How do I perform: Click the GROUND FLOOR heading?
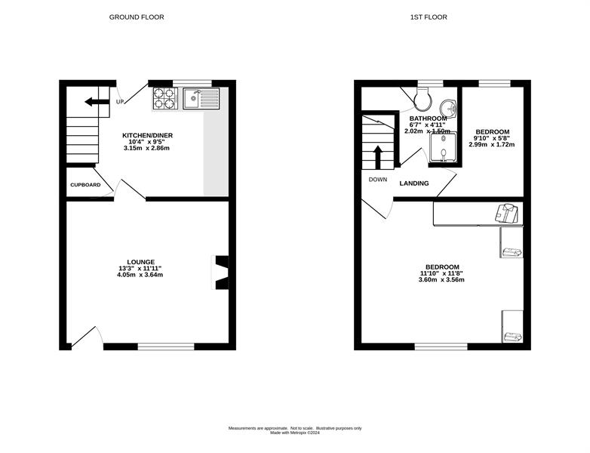(x=137, y=17)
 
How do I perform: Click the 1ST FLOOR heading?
(x=429, y=17)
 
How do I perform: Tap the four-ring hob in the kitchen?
(x=165, y=98)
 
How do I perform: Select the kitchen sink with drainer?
(x=201, y=98)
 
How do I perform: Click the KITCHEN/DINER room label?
(x=147, y=135)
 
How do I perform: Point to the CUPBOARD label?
(x=85, y=185)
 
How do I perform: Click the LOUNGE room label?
(x=141, y=262)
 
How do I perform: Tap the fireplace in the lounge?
(x=220, y=273)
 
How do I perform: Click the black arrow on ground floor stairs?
(x=97, y=102)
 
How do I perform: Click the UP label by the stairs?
(x=120, y=102)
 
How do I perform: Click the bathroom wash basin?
(x=448, y=109)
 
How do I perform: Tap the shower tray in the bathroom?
(x=444, y=147)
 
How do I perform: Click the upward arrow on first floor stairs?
(x=378, y=157)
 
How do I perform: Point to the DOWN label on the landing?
(x=378, y=180)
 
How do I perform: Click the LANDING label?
(x=414, y=183)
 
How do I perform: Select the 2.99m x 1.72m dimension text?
(x=492, y=144)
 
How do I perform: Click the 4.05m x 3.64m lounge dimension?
(x=140, y=275)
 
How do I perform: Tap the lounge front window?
(x=166, y=347)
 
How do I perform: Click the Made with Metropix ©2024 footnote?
(x=295, y=433)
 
